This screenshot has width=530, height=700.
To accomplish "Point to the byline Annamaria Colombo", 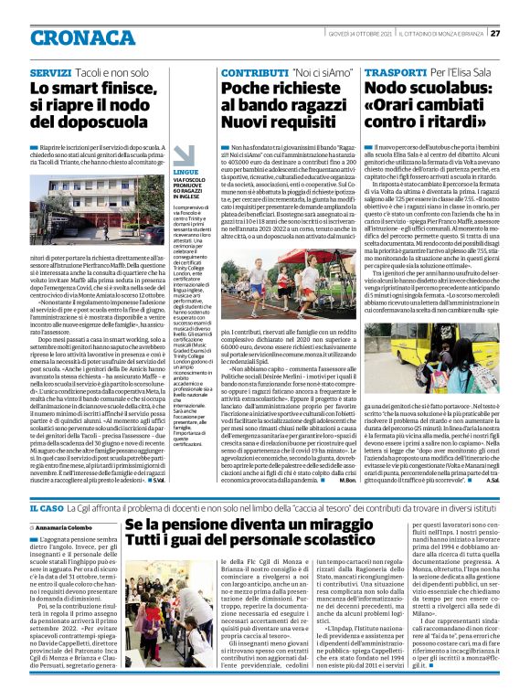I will (69, 527).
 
